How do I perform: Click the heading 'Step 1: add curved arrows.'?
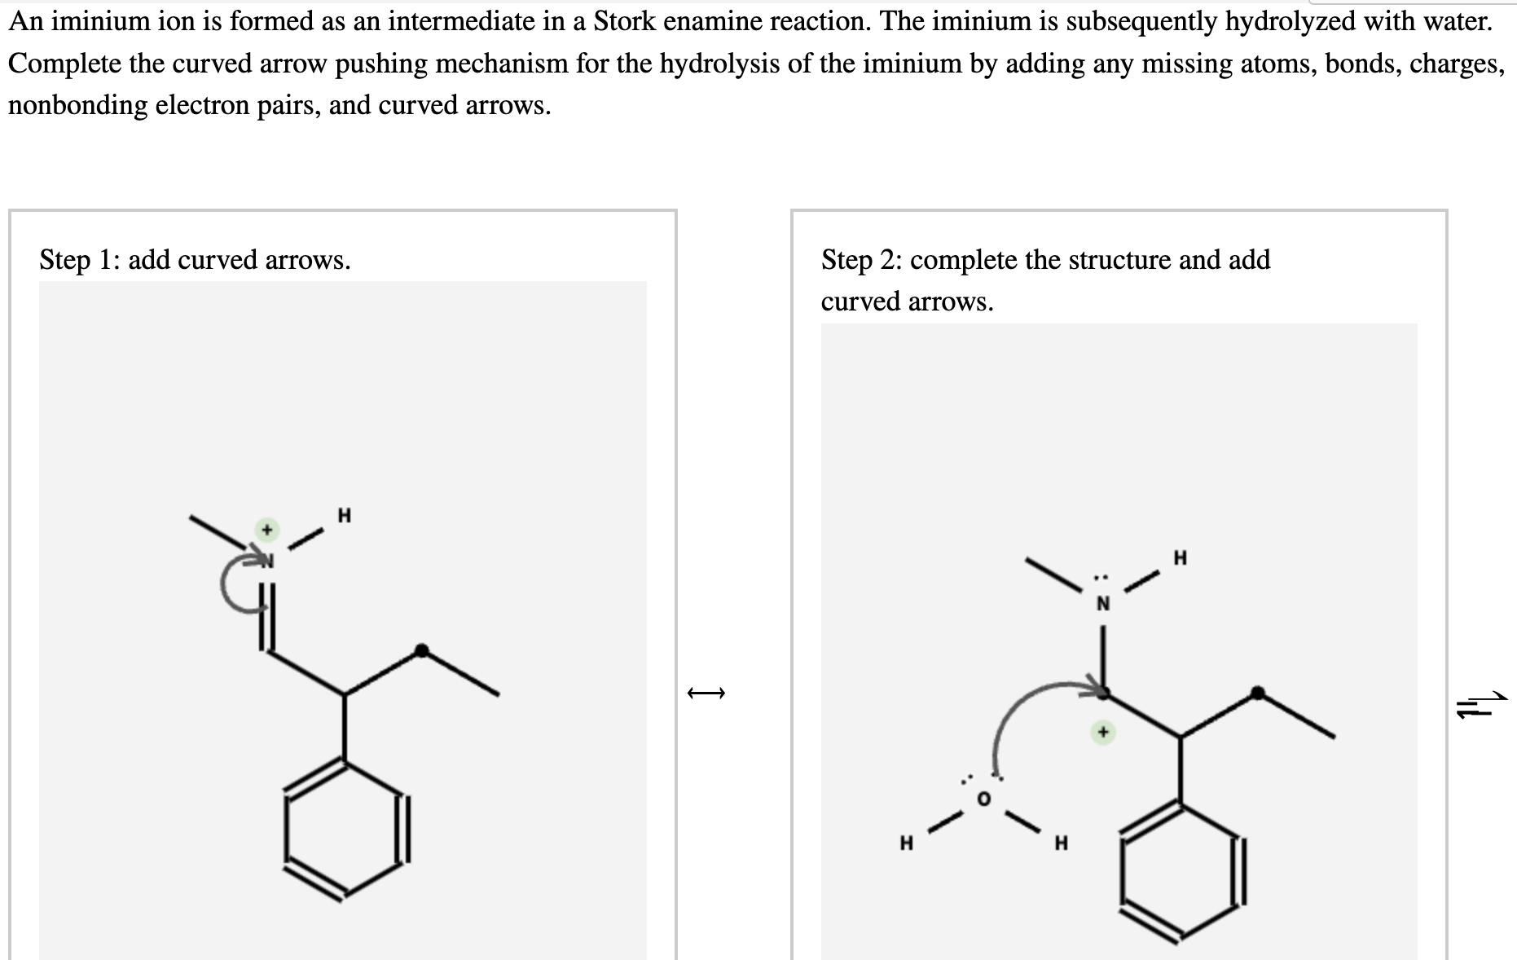pyautogui.click(x=195, y=260)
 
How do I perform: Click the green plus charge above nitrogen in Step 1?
pyautogui.click(x=265, y=530)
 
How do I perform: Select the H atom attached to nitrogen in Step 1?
pyautogui.click(x=344, y=516)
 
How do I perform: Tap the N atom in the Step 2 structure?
pyautogui.click(x=1102, y=604)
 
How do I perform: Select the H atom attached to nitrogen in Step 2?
pyautogui.click(x=1181, y=558)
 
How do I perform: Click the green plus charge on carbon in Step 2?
pyautogui.click(x=1102, y=733)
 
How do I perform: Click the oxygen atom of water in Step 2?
pyautogui.click(x=983, y=799)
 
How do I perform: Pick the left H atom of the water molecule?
pyautogui.click(x=905, y=843)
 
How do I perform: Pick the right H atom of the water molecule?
pyautogui.click(x=1061, y=843)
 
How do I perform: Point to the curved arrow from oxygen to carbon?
pyautogui.click(x=1018, y=709)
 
